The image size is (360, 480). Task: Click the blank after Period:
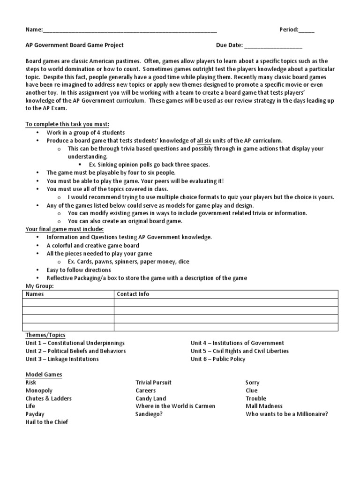pos(307,30)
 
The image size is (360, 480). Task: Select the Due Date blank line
pos(273,46)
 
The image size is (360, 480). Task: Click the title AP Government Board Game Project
pos(75,45)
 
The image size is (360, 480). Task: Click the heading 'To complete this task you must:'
pos(67,124)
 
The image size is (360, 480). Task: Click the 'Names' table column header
pos(34,294)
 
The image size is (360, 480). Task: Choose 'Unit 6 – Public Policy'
pos(218,359)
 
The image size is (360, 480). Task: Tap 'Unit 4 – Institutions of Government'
pos(237,343)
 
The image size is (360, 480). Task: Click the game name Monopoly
pos(39,390)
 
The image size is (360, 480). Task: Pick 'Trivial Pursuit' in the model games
pos(153,382)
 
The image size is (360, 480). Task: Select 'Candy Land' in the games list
pos(150,398)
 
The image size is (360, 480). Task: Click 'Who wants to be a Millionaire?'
pos(286,414)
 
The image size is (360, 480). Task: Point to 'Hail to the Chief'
pos(47,422)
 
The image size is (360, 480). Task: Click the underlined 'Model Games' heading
pos(44,375)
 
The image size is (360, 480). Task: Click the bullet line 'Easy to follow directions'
pos(79,270)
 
